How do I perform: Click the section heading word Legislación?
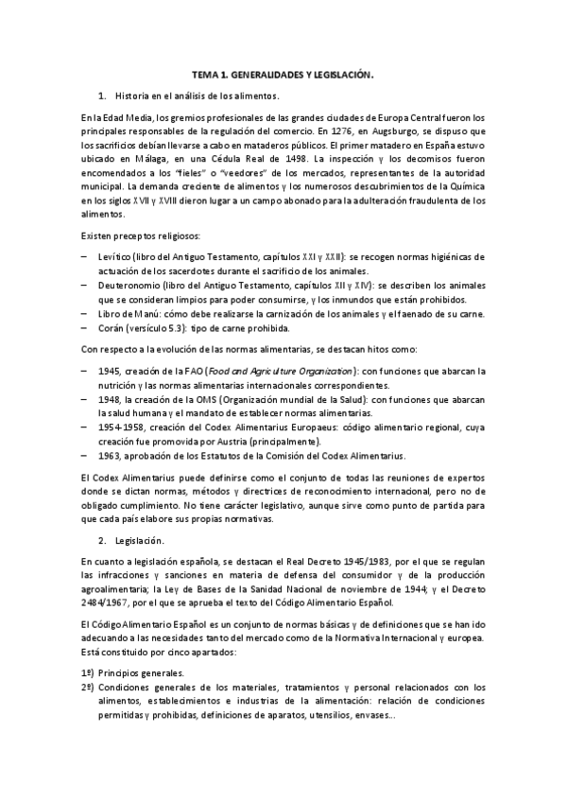click(x=140, y=540)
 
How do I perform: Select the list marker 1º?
click(x=89, y=672)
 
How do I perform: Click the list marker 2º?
click(x=89, y=687)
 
